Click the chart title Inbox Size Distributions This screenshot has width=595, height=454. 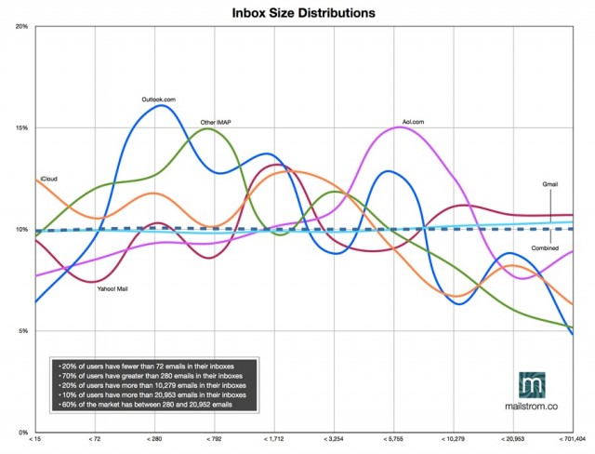tap(304, 13)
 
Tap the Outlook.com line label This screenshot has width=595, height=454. tap(159, 100)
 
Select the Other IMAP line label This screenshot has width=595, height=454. tap(216, 122)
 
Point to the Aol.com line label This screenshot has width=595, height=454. tap(413, 122)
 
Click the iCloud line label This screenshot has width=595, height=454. tap(48, 179)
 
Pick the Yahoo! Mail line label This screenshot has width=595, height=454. tap(112, 289)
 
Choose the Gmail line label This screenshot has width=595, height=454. tap(549, 184)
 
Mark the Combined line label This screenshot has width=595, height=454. tap(545, 248)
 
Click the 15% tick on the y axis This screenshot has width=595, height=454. tap(22, 128)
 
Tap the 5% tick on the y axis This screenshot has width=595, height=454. tap(23, 331)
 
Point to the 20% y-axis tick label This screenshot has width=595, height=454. tap(22, 27)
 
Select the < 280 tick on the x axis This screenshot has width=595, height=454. tap(154, 439)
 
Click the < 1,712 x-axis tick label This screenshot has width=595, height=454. tap(274, 439)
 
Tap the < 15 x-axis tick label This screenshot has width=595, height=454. tap(35, 439)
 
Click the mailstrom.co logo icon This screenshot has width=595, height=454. tap(532, 385)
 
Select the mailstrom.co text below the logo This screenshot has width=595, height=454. tap(531, 406)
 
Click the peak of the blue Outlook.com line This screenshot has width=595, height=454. tap(162, 105)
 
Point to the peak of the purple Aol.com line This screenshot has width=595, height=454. tap(399, 127)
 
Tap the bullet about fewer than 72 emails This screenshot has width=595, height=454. tap(146, 367)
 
